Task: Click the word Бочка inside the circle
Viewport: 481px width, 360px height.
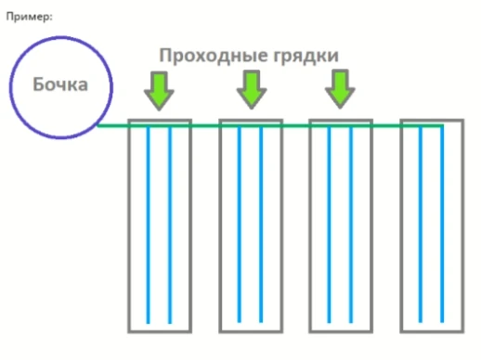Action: [x=60, y=85]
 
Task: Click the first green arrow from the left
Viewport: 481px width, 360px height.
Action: [x=160, y=90]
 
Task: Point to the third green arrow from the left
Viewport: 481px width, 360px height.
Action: [x=340, y=90]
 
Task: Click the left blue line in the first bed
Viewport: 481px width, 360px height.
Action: [x=149, y=223]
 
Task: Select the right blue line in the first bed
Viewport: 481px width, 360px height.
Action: [x=171, y=223]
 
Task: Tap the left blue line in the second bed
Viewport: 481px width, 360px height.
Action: [x=239, y=223]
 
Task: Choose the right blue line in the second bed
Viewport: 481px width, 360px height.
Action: [x=261, y=223]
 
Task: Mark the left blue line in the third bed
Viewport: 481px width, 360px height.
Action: [x=329, y=223]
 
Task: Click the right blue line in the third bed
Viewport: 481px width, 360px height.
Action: [x=351, y=223]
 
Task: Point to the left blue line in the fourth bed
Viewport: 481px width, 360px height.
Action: [x=420, y=223]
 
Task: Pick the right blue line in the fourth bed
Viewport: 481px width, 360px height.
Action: [x=442, y=223]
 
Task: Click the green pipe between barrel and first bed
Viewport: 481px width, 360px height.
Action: [x=113, y=125]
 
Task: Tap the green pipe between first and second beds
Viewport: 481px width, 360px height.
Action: [x=205, y=125]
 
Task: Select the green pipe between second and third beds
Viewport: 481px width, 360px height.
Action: [x=295, y=125]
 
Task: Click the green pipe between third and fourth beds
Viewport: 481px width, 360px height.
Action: [x=386, y=125]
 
